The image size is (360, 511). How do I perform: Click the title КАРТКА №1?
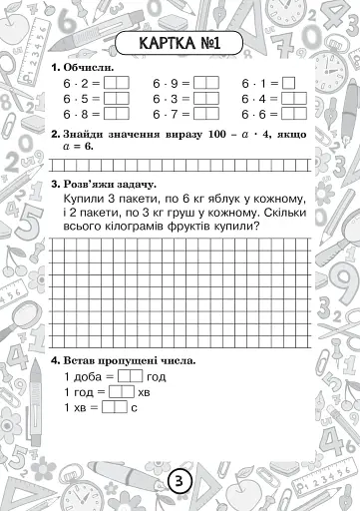180,43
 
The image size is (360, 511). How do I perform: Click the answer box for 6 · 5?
117,100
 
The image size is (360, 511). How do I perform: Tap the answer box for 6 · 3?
205,100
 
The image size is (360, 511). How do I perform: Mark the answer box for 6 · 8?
117,116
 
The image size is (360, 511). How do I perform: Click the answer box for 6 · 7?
205,116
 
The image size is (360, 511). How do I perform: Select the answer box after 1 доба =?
131,377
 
